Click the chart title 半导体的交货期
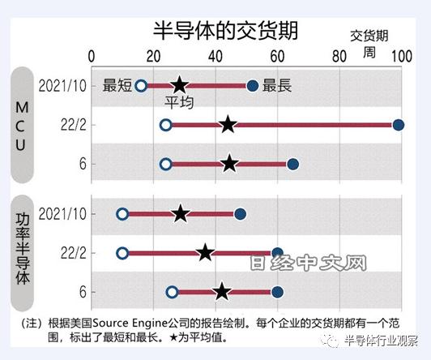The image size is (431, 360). tap(225, 31)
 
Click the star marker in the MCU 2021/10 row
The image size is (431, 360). tap(180, 85)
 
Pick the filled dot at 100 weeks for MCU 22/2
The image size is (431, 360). tap(398, 125)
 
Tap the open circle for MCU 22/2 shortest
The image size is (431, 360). tap(166, 125)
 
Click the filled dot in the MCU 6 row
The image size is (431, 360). tap(292, 165)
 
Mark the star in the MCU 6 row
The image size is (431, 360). tap(229, 164)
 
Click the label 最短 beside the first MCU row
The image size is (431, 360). tap(117, 85)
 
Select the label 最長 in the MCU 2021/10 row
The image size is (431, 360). tap(277, 85)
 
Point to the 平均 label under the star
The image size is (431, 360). tap(180, 103)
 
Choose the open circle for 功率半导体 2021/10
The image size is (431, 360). tap(122, 214)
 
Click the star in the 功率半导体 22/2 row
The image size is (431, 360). tap(205, 253)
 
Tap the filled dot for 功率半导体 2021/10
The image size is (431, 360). tap(240, 214)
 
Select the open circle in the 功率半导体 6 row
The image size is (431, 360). tap(172, 292)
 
